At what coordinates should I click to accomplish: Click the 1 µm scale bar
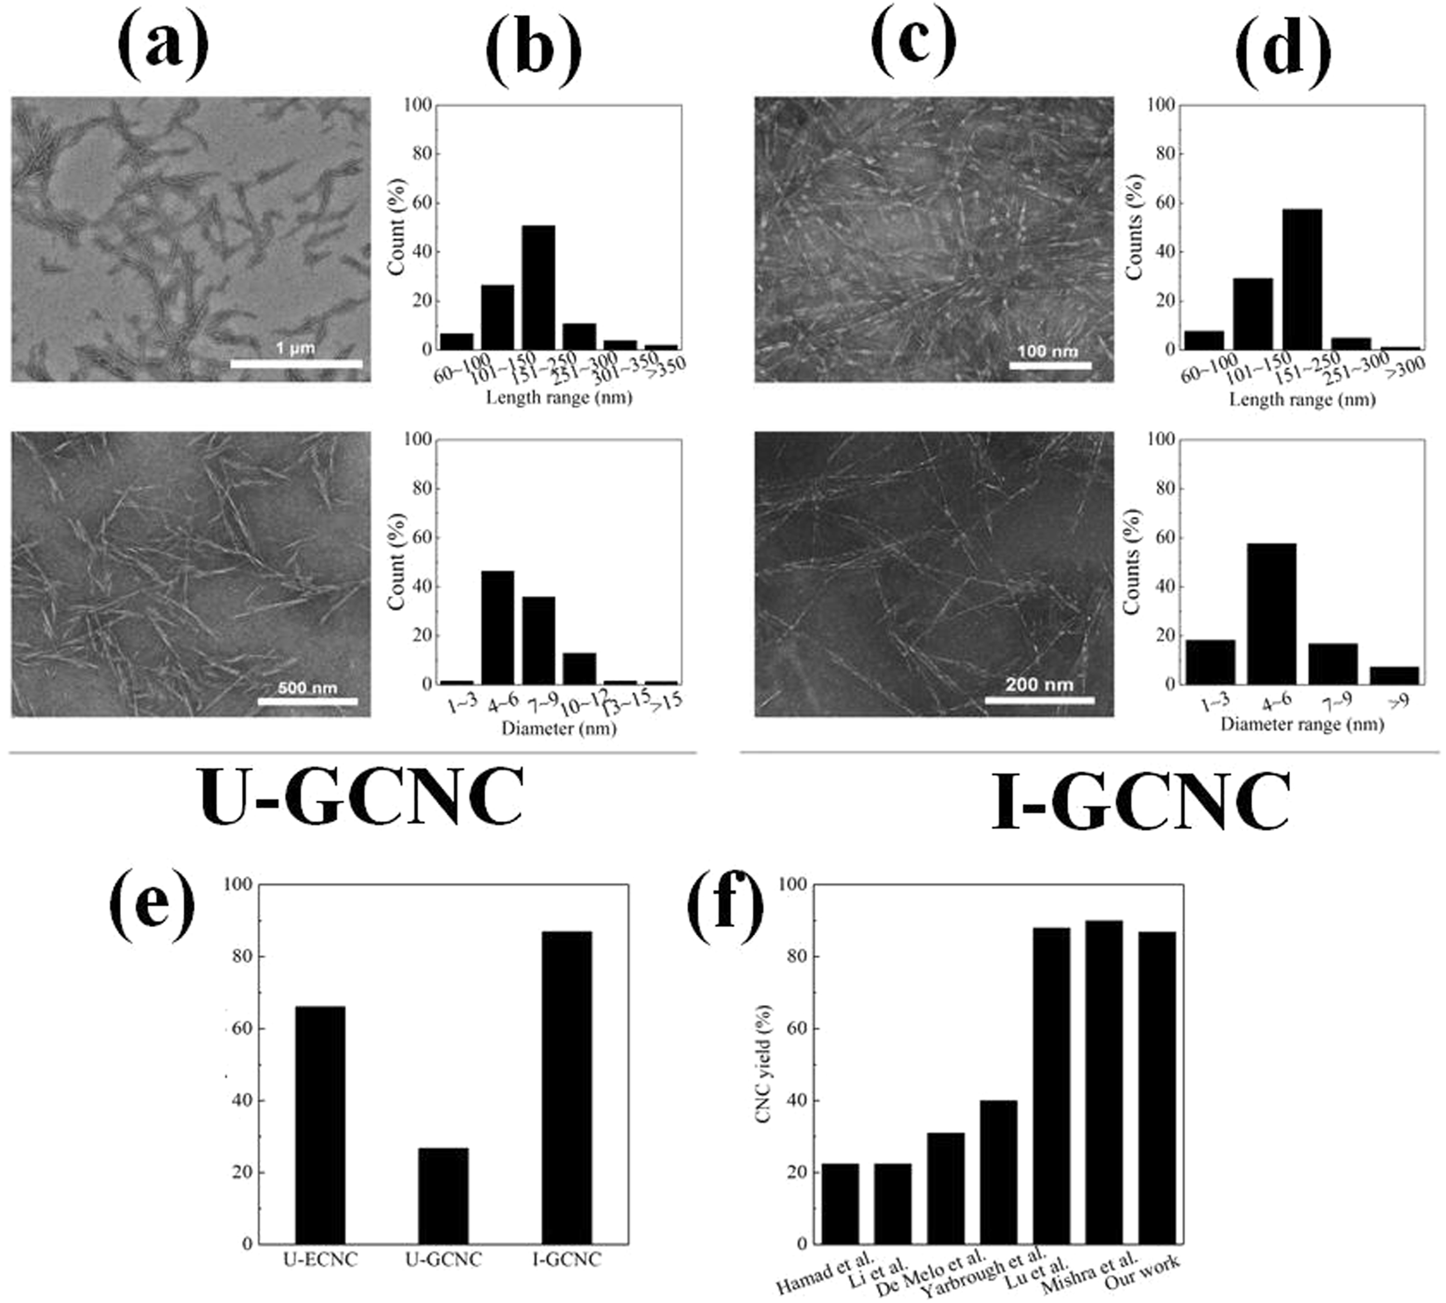pos(296,362)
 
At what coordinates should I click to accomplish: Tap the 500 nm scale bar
pos(308,700)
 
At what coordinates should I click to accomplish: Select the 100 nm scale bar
pos(1049,365)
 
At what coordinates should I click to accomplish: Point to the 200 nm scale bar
pos(1039,698)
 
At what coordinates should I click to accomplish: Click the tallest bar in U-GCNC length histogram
pos(538,288)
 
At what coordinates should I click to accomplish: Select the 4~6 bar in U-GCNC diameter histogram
pos(498,627)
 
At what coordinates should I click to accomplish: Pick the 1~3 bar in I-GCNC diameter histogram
pos(1210,662)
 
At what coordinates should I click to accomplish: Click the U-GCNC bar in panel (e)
pos(443,1195)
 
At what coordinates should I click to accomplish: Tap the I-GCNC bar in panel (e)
pos(567,1087)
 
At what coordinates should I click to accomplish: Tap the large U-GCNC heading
pos(361,798)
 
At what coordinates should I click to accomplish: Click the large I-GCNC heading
pos(1140,802)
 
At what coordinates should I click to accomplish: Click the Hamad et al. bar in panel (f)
pos(840,1204)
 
